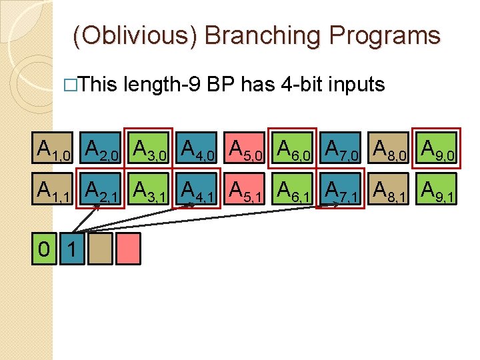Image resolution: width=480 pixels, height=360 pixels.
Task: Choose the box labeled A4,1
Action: [198, 191]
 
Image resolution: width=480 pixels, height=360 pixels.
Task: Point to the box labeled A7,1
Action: [340, 191]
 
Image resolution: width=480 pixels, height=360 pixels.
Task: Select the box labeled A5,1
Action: [245, 191]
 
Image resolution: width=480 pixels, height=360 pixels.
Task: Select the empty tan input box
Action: [103, 249]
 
